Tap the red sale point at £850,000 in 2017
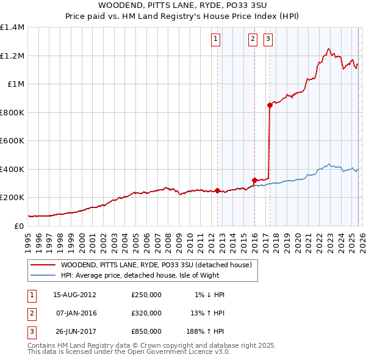(x=270, y=105)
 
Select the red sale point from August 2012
(x=217, y=190)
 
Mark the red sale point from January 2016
(x=254, y=180)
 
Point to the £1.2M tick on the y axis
(x=12, y=56)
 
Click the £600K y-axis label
(x=12, y=140)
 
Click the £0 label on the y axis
(x=18, y=226)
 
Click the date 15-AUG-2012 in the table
(x=74, y=295)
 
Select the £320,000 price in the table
(x=146, y=313)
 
